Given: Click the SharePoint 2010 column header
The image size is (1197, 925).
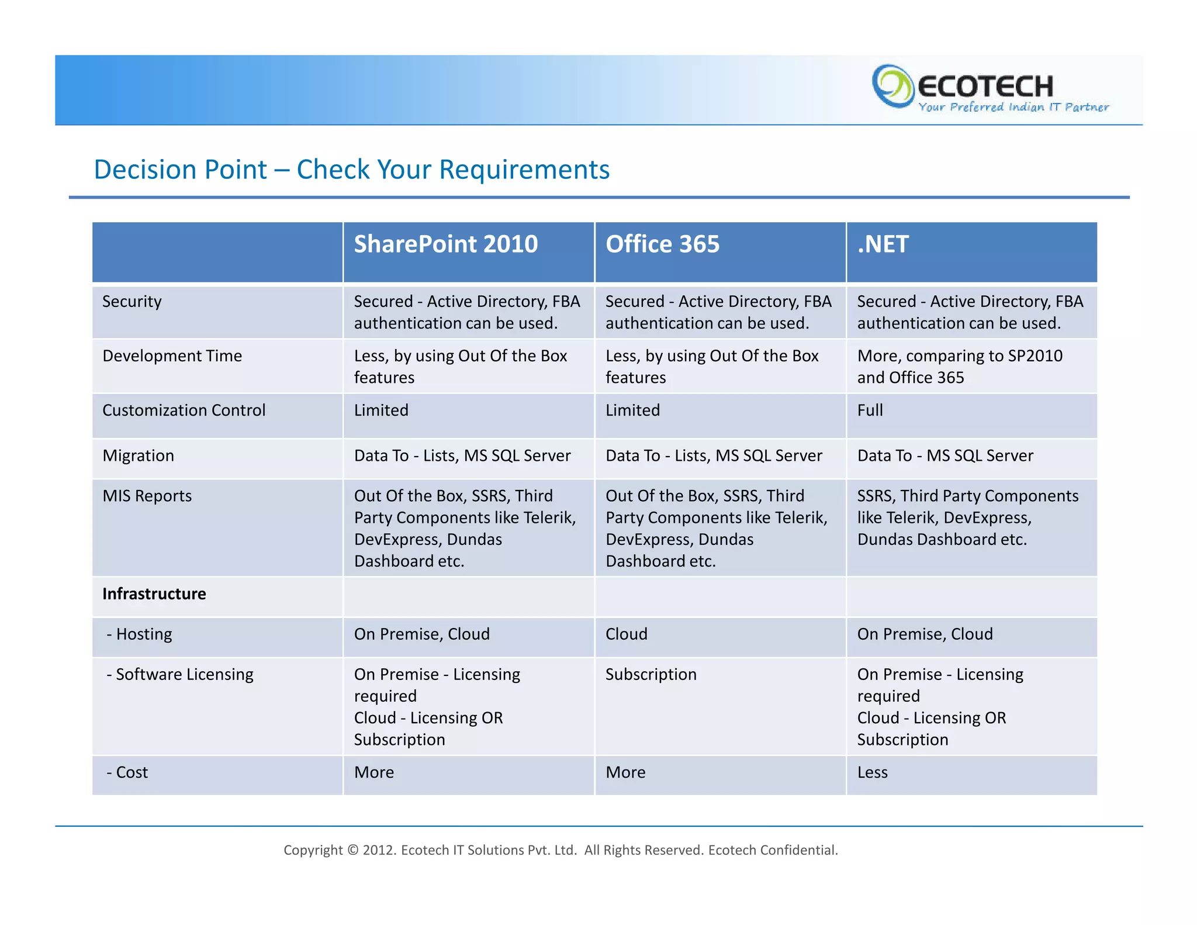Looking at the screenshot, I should coord(445,244).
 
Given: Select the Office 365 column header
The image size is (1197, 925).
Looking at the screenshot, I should coord(662,244).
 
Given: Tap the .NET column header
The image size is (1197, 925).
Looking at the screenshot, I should coord(883,244).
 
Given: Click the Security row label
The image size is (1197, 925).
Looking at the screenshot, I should coord(132,302).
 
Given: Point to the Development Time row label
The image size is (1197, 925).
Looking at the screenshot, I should coord(172,356).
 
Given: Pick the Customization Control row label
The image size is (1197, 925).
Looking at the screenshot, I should coord(184,410).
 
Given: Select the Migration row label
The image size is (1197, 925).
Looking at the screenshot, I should coord(138,456).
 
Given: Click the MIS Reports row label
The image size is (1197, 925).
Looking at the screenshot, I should coord(147,496).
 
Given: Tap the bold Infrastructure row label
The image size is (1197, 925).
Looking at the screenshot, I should coord(154,594).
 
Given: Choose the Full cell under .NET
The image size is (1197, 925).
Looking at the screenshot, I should coord(870,410).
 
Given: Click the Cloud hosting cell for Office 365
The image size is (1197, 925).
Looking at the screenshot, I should coord(627,634).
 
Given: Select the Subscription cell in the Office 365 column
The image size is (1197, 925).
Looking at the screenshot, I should coord(651,675).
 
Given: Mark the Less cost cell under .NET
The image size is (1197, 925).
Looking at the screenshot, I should coord(872,773).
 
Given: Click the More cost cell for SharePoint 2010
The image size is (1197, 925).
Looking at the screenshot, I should coord(374,773).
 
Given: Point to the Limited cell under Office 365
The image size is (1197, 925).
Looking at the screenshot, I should coord(632,410).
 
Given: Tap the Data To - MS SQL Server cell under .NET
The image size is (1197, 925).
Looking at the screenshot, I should coord(945,456).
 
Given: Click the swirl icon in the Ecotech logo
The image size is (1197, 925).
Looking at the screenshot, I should coord(892,86).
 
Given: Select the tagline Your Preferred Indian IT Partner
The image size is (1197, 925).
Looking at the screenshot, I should coord(1013,108).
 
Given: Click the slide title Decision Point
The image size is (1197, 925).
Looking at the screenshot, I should coord(351,170).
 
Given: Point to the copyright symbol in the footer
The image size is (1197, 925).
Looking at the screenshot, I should coord(352,850).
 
